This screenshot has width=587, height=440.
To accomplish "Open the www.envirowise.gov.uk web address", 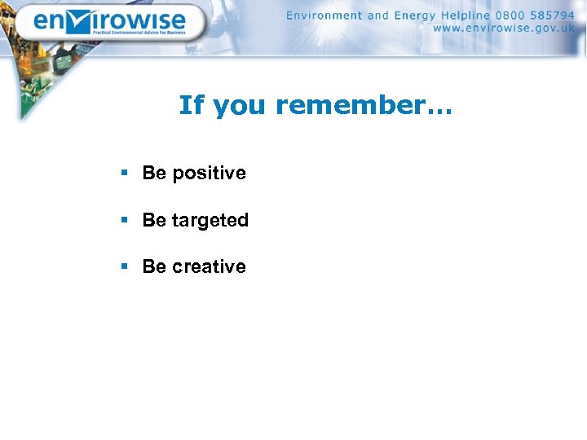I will point(503,28).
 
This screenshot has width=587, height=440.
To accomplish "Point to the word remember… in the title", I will point(363,105).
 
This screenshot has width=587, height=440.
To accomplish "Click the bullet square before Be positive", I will point(124,173).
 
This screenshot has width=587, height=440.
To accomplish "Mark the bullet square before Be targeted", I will point(124,220).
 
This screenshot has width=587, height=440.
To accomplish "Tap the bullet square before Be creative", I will point(124,266).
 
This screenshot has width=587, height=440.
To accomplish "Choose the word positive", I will point(209,174).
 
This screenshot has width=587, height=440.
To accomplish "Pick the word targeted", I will point(210,221).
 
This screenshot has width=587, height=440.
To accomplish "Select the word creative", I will point(209,266).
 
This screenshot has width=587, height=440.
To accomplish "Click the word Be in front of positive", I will point(154,173).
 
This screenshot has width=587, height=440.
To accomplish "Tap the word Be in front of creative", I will point(154,266).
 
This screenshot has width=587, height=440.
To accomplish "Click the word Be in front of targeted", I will point(154,220).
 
